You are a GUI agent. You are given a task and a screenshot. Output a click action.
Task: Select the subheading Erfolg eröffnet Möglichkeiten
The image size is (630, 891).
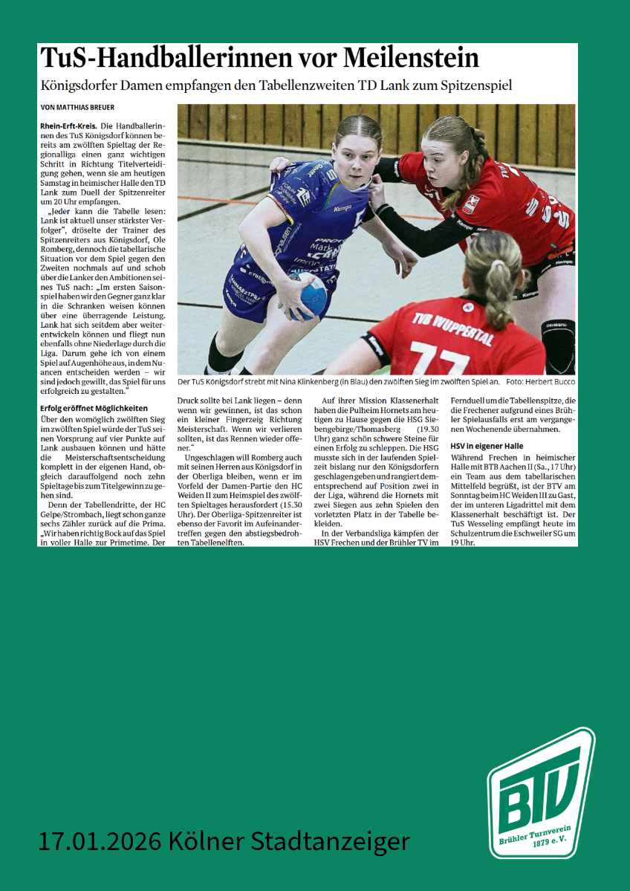pos(94,408)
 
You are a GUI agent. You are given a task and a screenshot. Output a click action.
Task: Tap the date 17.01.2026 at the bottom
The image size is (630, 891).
pos(100,841)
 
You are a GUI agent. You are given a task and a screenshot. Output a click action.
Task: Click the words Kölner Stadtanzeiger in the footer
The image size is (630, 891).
pos(289,841)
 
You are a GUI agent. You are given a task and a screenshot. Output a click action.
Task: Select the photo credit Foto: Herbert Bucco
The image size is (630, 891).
pos(540,382)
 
